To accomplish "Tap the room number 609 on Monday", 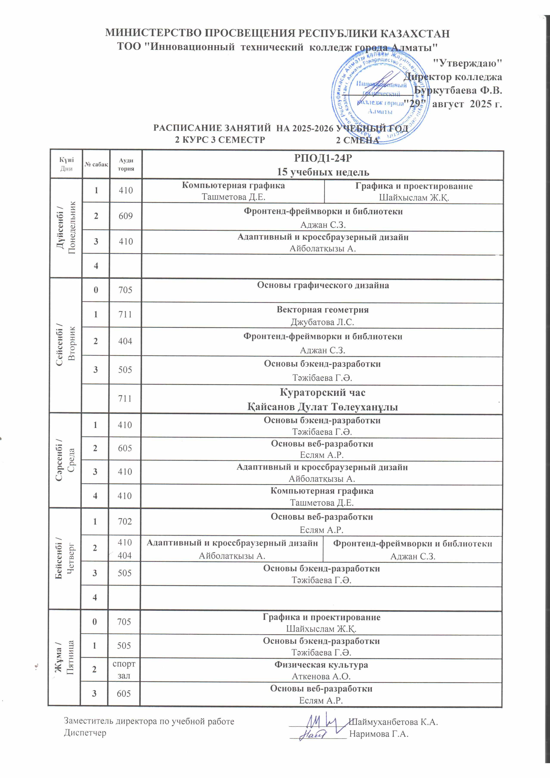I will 125,216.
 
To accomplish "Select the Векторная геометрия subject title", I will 322,310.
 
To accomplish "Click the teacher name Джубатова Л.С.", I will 322,322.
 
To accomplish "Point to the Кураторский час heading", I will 322,393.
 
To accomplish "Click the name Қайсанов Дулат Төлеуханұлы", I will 322,407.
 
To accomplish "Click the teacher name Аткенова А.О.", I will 321,676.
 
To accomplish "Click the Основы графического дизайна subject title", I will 323,285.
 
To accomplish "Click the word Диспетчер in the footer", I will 85,733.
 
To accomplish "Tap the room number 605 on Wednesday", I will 125,448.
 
